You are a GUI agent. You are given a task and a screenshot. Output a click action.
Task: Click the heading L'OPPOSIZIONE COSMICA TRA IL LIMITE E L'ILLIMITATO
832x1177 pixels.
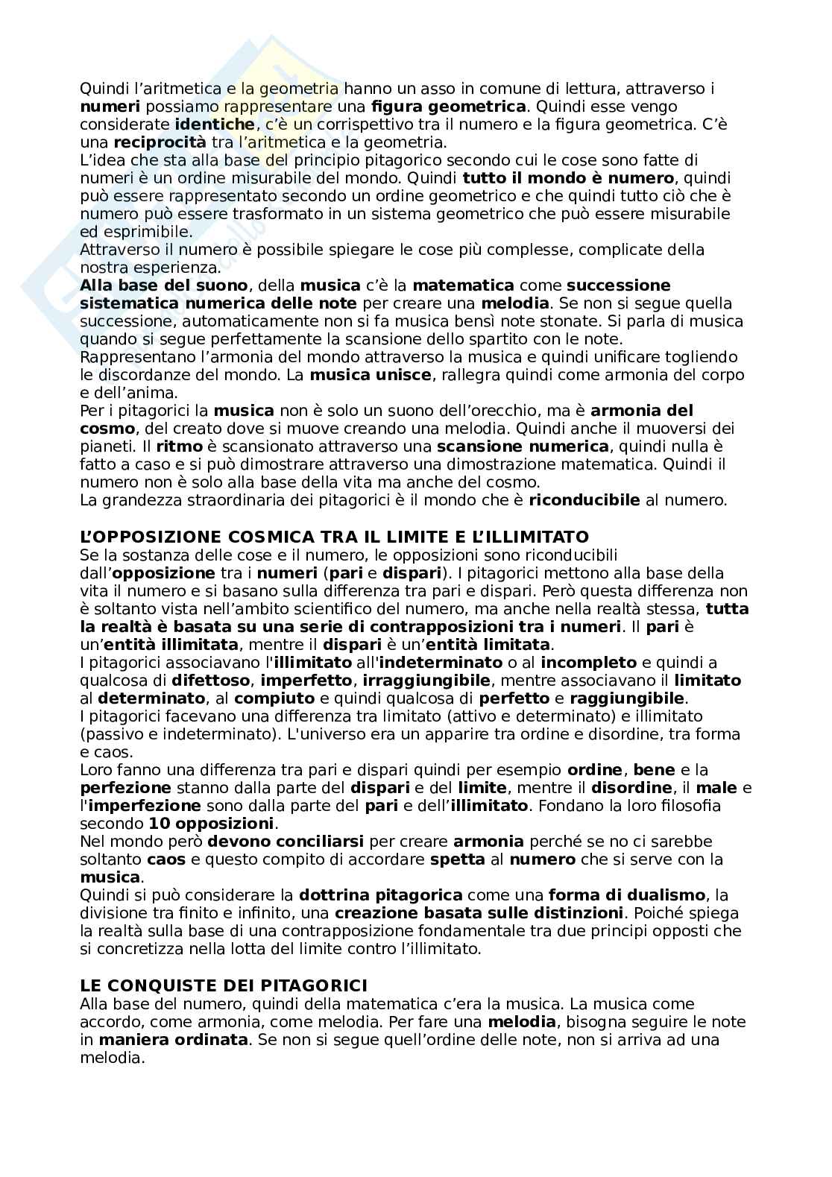click(x=334, y=537)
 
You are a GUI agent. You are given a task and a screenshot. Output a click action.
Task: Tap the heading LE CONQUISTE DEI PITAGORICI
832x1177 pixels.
click(x=224, y=986)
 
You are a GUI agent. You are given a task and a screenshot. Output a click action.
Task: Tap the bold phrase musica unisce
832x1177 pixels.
click(x=371, y=375)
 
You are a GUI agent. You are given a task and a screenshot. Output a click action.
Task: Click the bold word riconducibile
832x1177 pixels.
click(x=584, y=500)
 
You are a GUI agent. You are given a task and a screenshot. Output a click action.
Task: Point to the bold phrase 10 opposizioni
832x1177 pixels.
click(x=212, y=824)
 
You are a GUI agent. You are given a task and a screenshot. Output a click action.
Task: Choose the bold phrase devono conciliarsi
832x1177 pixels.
click(x=286, y=842)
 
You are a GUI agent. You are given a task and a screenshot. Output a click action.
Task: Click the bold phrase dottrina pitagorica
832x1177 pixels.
click(x=380, y=894)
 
